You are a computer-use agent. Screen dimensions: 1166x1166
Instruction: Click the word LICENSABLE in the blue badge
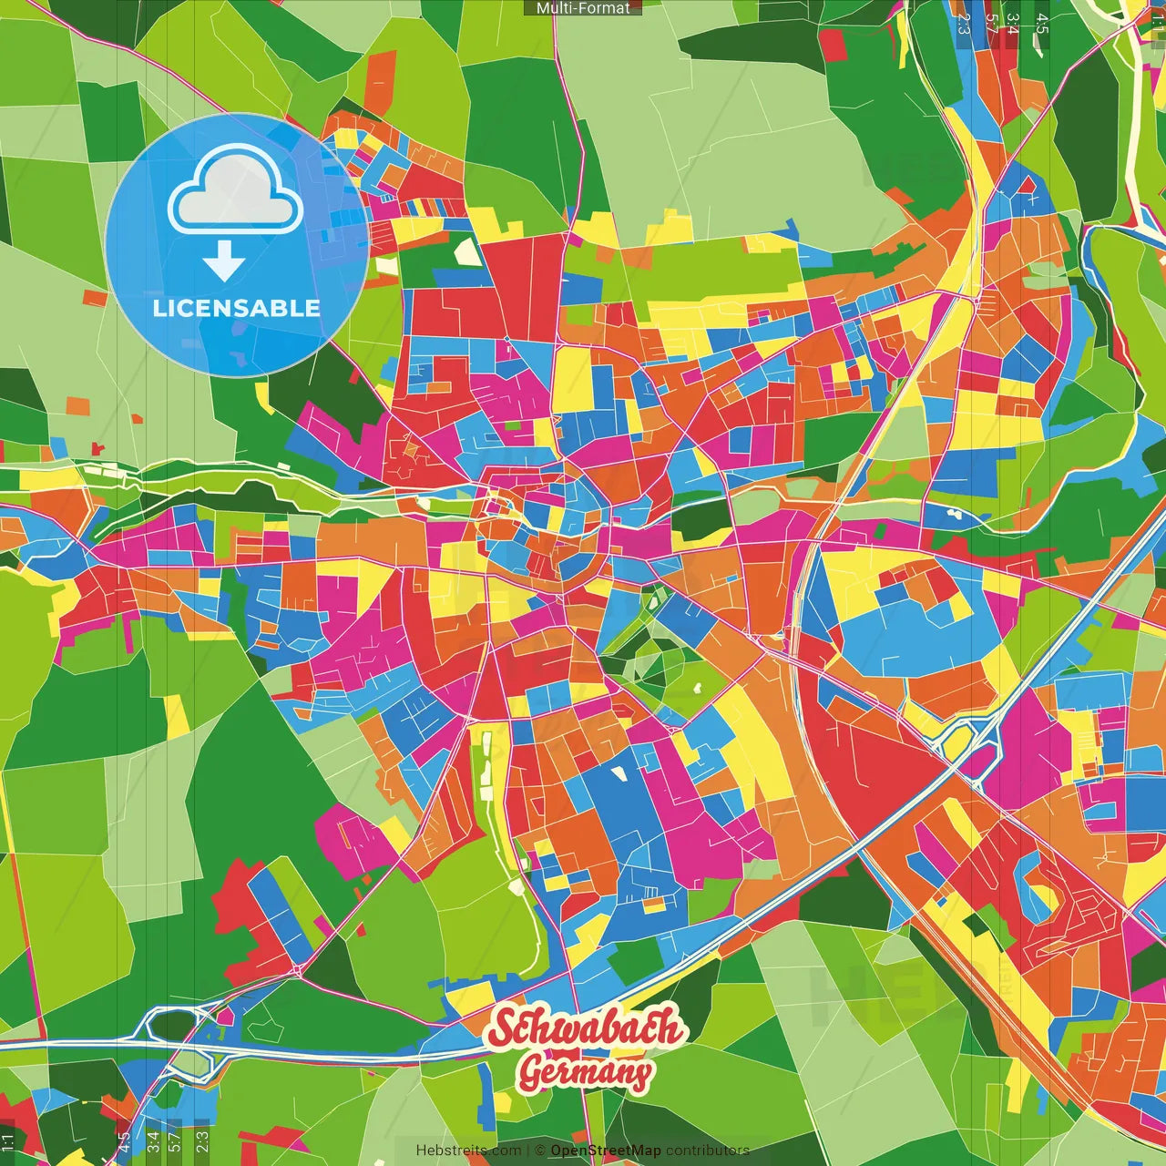237,308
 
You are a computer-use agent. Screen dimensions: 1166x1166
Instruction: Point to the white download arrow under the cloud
224,262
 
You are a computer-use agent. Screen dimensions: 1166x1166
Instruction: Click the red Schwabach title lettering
585,1028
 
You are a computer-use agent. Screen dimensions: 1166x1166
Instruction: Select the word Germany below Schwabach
586,1071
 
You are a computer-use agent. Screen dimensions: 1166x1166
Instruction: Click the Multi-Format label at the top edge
583,8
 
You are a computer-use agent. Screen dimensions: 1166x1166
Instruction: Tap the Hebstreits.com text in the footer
468,1151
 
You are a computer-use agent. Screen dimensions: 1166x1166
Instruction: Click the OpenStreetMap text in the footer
606,1151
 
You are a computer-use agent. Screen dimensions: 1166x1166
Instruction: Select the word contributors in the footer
708,1151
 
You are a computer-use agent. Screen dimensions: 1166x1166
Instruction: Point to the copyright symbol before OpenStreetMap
540,1151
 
